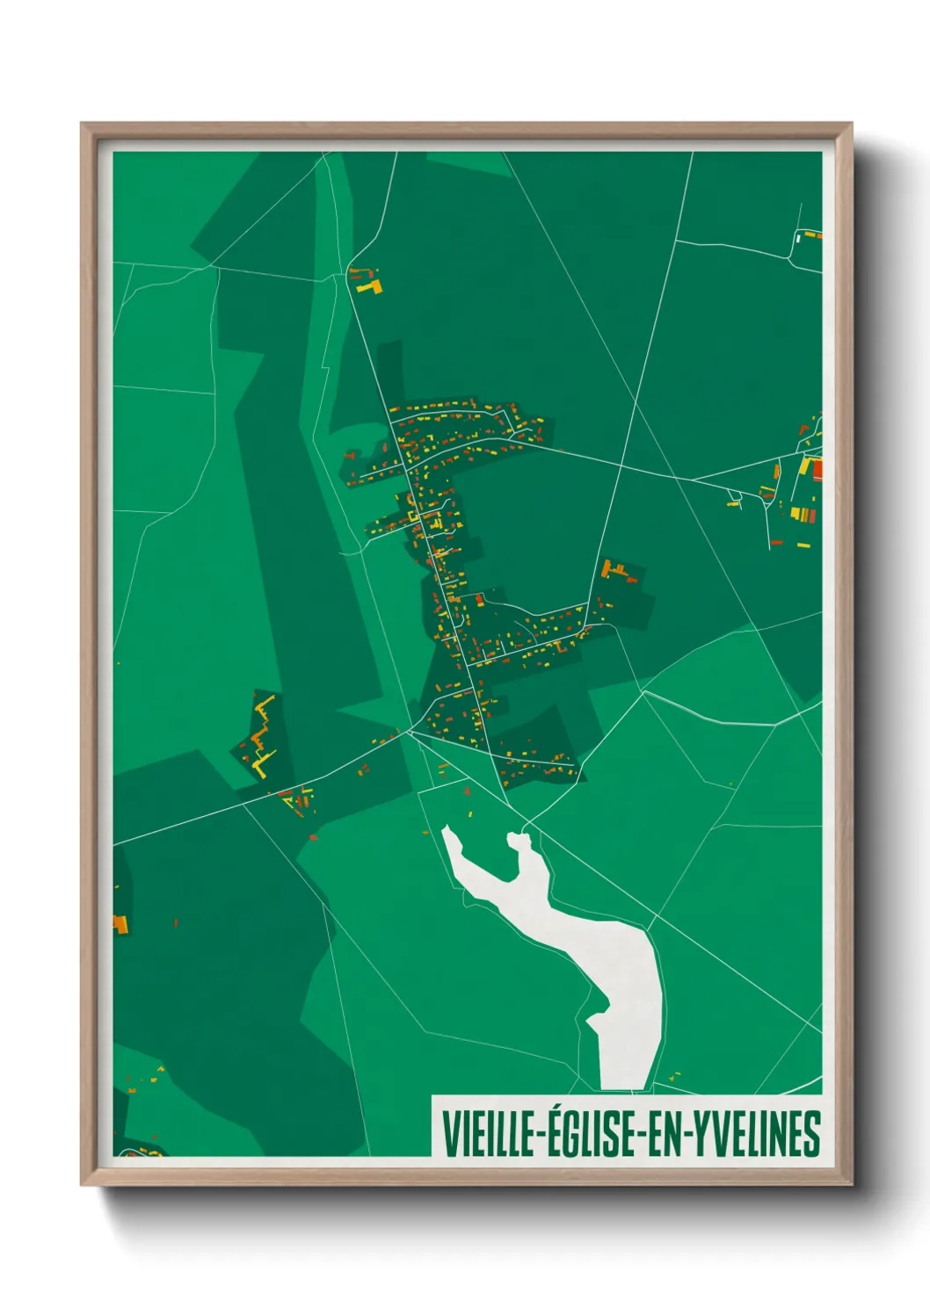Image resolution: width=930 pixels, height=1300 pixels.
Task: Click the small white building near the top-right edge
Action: [x=798, y=236]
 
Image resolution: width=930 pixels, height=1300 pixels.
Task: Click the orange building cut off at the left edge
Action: [x=120, y=924]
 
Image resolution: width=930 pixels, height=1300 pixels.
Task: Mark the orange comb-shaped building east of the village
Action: [x=618, y=571]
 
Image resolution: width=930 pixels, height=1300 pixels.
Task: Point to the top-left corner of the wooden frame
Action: [x=83, y=124]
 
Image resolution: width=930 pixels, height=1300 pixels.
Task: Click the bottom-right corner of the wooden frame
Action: [x=850, y=1183]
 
